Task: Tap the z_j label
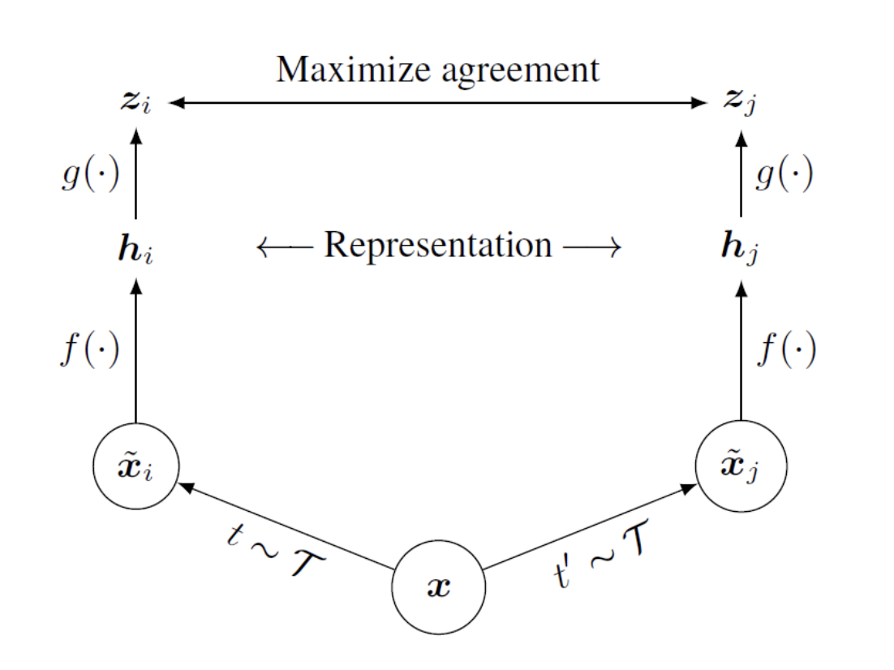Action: click(741, 104)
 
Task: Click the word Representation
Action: click(438, 244)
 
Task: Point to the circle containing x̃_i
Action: click(136, 469)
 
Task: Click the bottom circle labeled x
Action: click(438, 586)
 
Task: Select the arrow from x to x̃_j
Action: click(588, 527)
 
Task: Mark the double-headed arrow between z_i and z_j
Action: click(438, 103)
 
